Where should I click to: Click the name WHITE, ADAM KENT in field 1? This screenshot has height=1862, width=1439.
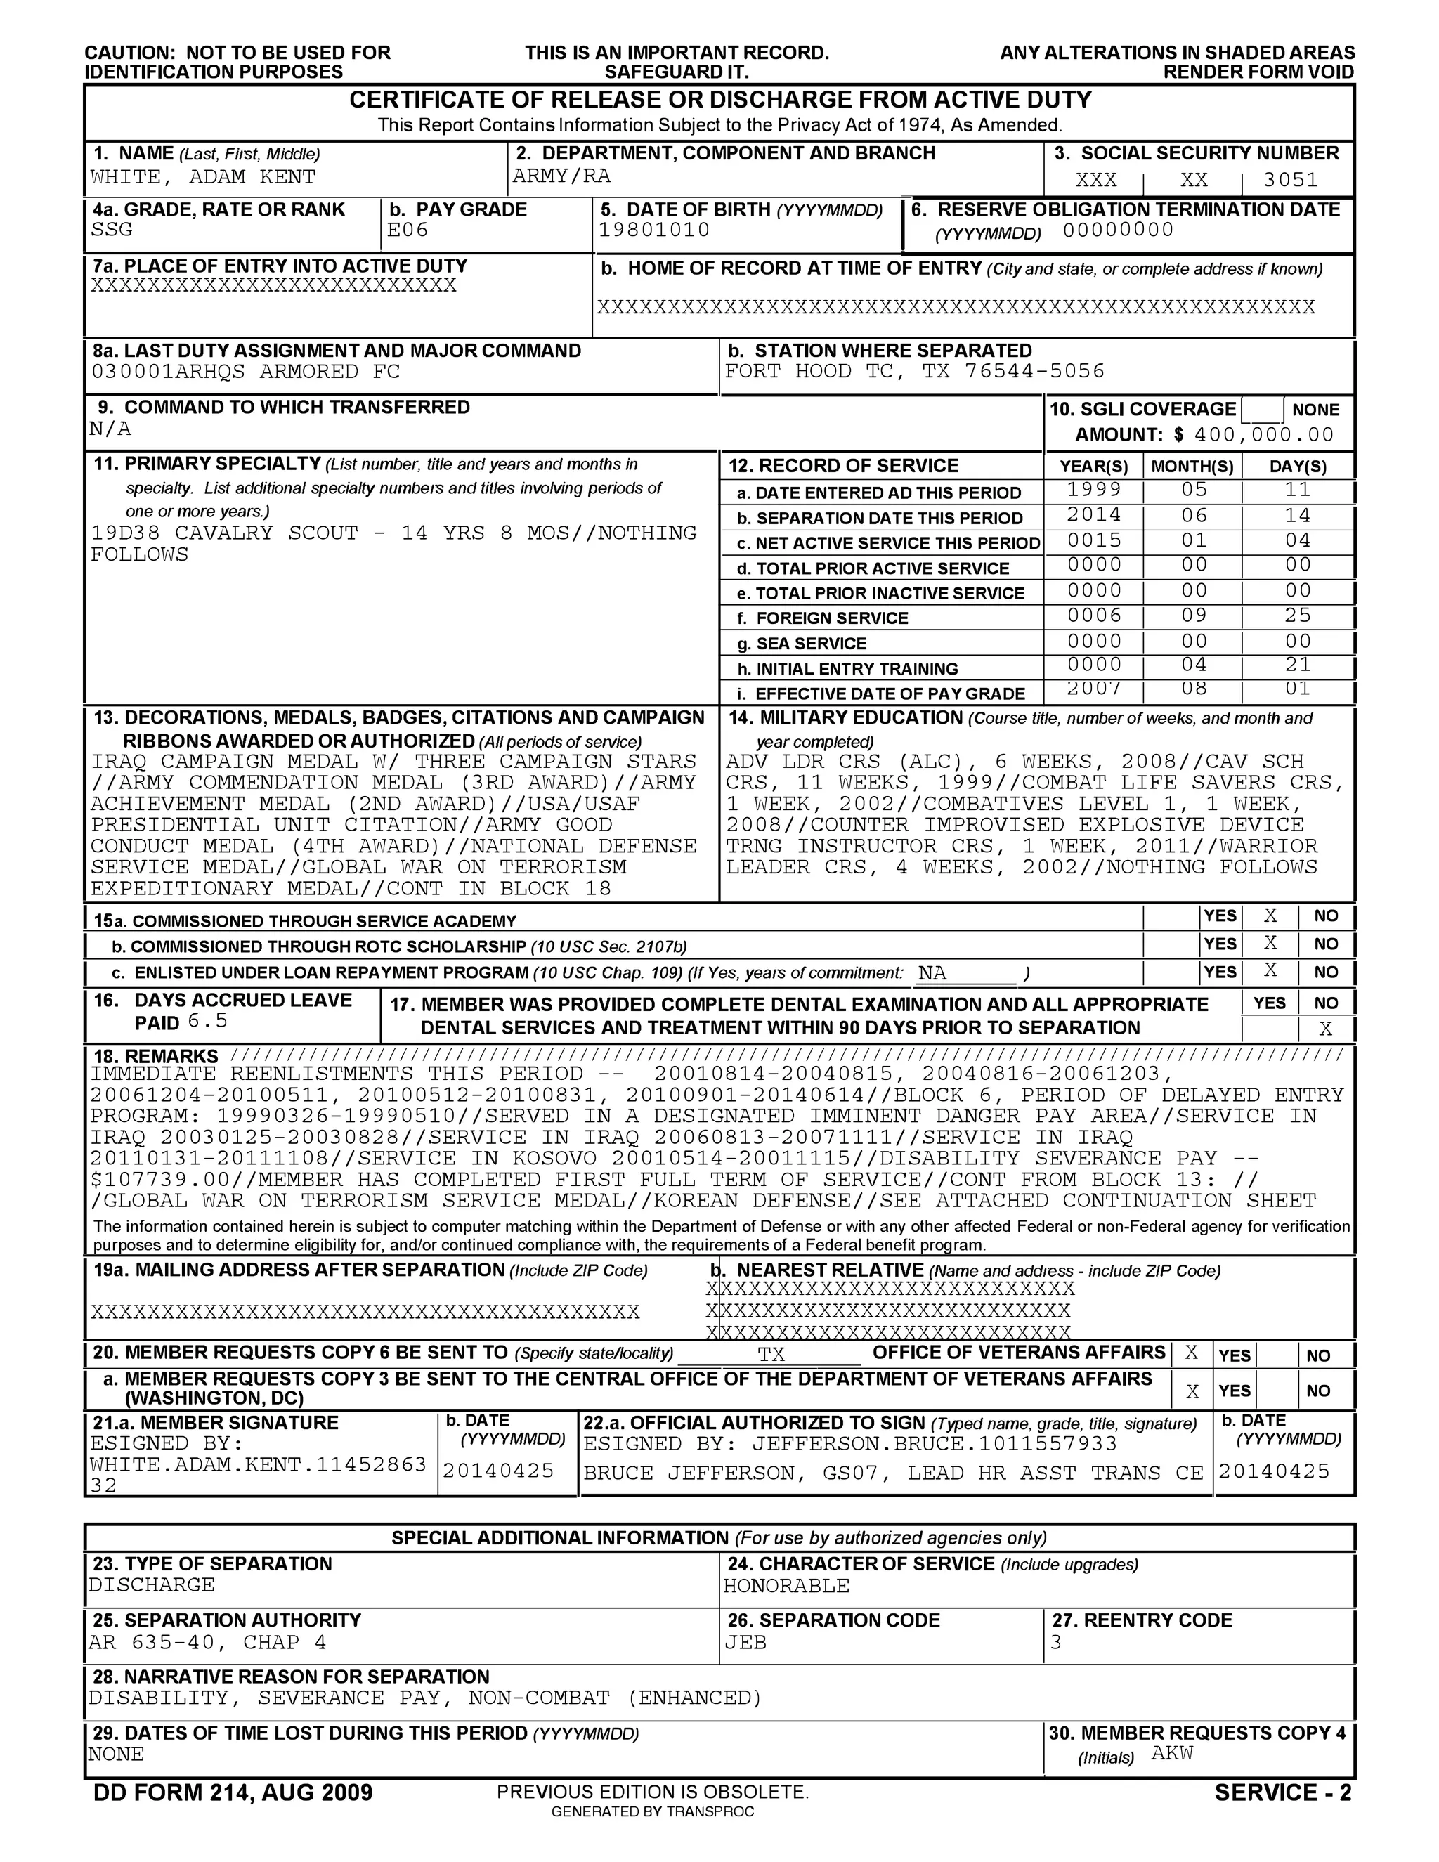tap(203, 177)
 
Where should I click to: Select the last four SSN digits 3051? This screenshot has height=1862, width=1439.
tap(1290, 180)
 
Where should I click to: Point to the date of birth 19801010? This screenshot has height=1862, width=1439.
tap(654, 230)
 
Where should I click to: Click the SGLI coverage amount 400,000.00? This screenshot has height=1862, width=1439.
tap(1263, 435)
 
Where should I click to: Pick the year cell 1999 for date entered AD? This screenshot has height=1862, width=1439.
tap(1094, 490)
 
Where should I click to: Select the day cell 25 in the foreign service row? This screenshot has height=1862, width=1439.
tap(1298, 616)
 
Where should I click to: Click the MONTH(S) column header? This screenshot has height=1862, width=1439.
tap(1192, 467)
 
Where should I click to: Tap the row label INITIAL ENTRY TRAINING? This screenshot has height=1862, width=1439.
tap(856, 669)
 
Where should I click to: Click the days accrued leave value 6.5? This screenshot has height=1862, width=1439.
tap(207, 1022)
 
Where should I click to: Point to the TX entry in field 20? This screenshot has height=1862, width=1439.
tap(771, 1355)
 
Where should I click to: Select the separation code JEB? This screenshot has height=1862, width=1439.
tap(745, 1643)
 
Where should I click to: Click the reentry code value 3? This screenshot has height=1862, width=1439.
tap(1055, 1643)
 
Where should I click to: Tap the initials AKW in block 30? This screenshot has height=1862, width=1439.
tap(1171, 1754)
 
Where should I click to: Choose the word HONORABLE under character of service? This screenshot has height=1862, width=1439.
tap(786, 1587)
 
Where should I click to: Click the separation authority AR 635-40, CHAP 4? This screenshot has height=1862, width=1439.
tap(207, 1643)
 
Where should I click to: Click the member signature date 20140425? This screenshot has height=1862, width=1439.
tap(498, 1471)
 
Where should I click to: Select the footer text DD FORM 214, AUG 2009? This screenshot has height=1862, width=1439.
tap(233, 1792)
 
